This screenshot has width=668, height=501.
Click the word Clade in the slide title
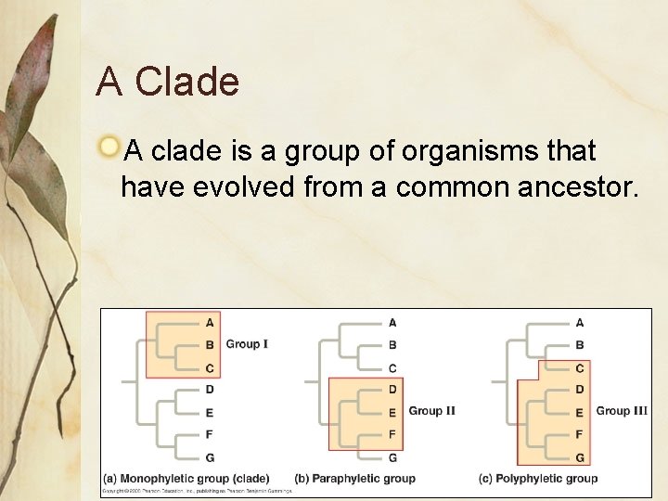pos(186,83)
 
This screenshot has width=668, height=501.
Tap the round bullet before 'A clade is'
pos(109,147)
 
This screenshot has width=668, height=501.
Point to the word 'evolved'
pos(238,187)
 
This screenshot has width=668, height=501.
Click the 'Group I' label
pos(247,344)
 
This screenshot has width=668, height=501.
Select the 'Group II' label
pos(431,411)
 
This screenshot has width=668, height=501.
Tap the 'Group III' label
pos(622,411)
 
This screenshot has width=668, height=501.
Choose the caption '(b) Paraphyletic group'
pos(354,478)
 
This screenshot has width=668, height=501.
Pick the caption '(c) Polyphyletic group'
pos(538,478)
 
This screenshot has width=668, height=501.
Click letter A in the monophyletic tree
pos(210,323)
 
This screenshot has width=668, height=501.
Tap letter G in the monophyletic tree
pos(210,457)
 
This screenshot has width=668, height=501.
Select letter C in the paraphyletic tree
pos(392,368)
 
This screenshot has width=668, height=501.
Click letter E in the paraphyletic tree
pos(392,413)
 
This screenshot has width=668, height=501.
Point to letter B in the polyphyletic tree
pos(580,345)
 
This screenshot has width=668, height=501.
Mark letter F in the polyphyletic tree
pos(580,434)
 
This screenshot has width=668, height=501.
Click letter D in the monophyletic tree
pos(210,390)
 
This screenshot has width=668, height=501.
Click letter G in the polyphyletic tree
pos(580,457)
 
